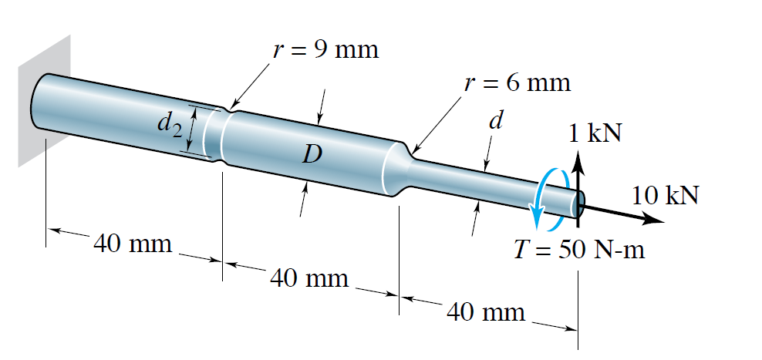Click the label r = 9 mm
[325, 51]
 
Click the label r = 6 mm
[517, 82]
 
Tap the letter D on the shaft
[312, 155]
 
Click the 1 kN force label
[595, 133]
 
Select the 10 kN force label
[665, 194]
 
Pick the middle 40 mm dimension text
[309, 277]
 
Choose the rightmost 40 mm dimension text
[486, 311]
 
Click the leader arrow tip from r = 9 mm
[231, 106]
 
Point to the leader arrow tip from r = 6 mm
[412, 153]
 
